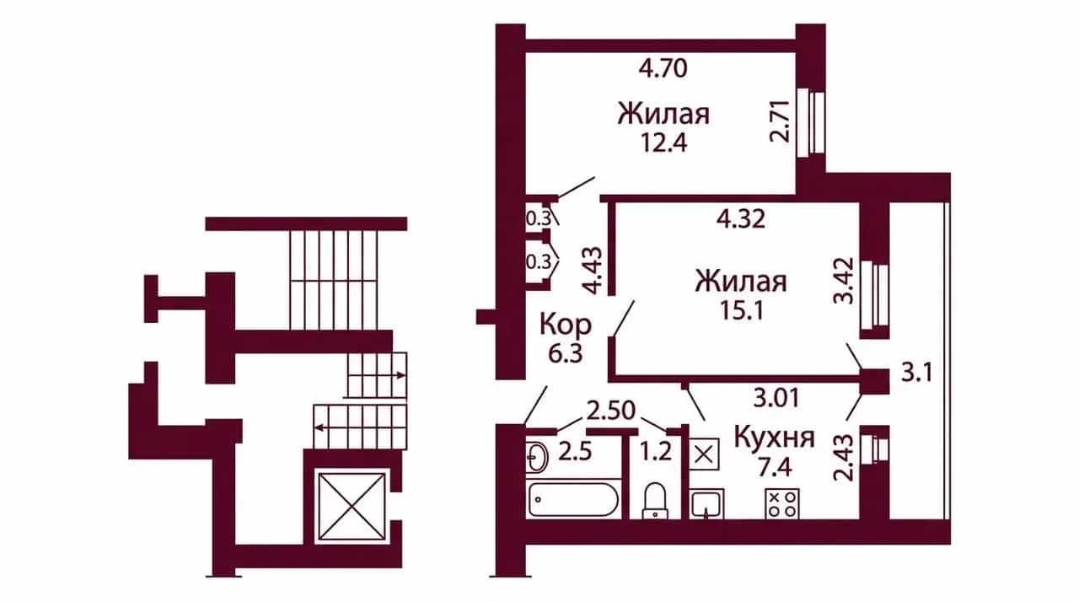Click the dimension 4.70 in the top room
(x=663, y=69)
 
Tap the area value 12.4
(x=663, y=142)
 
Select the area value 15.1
(x=741, y=310)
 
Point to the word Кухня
(x=775, y=438)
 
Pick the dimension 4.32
(x=741, y=220)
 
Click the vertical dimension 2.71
(x=779, y=121)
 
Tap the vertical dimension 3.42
(x=844, y=281)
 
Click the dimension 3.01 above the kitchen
(x=776, y=398)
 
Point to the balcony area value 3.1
(x=917, y=374)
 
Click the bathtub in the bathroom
(x=573, y=499)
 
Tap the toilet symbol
(x=655, y=502)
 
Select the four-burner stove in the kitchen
(x=782, y=503)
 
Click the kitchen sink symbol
(x=706, y=504)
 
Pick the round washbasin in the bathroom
(x=536, y=455)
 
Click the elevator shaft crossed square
(x=352, y=506)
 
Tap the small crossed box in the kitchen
(x=704, y=454)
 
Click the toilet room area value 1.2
(x=656, y=452)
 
